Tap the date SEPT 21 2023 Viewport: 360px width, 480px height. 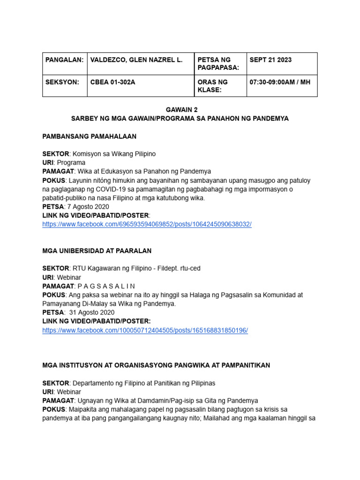point(270,60)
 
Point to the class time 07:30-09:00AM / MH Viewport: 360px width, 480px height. point(280,82)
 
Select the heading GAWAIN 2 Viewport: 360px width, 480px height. point(180,110)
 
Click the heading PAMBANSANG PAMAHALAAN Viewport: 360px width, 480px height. point(90,136)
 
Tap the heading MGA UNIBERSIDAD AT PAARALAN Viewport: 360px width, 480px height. point(97,251)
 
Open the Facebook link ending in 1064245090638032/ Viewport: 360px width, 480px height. point(147,225)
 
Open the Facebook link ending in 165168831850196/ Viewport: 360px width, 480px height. point(145,330)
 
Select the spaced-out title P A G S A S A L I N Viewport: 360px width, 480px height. point(106,286)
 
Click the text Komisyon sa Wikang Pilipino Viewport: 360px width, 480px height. point(113,154)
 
